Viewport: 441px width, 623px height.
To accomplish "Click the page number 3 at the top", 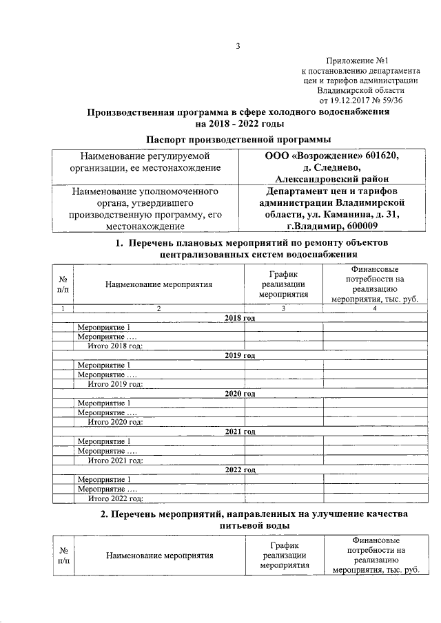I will [x=237, y=47].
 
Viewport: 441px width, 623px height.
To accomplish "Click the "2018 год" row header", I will [x=240, y=317].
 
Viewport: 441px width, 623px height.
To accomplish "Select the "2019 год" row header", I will [x=240, y=355].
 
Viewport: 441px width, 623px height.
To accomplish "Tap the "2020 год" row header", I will [x=240, y=393].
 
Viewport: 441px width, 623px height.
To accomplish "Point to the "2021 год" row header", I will [x=240, y=432].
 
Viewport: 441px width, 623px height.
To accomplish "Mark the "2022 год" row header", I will [x=240, y=469].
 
